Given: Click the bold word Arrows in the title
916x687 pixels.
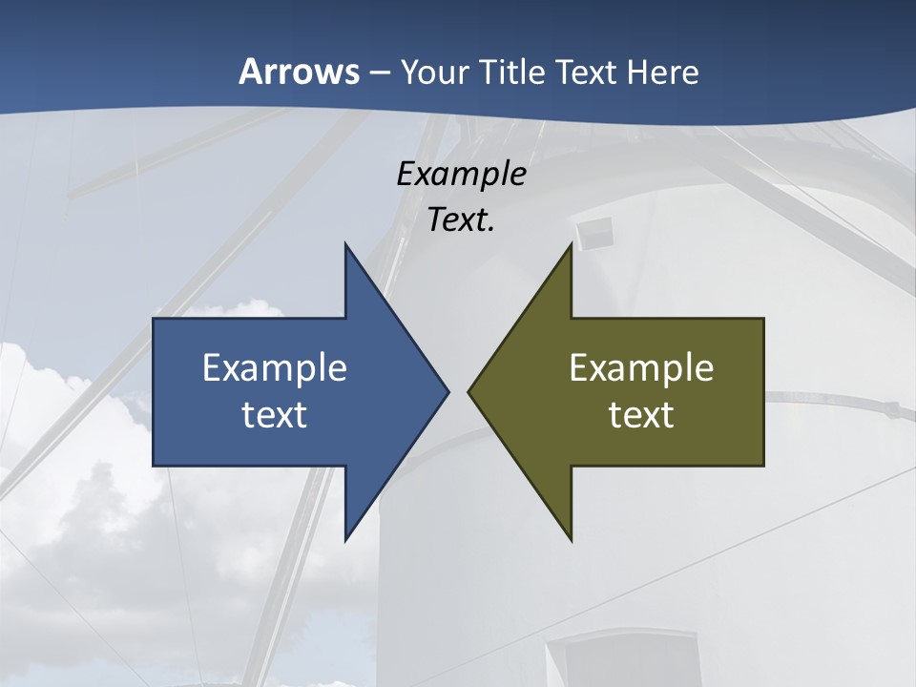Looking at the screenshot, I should click(x=299, y=73).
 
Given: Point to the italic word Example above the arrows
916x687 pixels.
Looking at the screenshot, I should click(x=461, y=175).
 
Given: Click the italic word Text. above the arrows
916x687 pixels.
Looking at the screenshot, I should click(x=461, y=220).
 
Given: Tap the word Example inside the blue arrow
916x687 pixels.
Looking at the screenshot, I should click(x=275, y=367).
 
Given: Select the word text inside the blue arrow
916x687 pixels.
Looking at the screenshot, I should click(x=275, y=414).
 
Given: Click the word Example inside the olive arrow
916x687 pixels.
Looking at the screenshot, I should click(x=641, y=367).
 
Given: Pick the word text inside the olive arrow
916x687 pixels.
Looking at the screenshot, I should click(x=641, y=414).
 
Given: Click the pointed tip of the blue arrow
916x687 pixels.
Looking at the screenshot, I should click(x=448, y=391).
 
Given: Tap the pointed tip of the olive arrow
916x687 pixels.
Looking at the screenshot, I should click(x=468, y=391).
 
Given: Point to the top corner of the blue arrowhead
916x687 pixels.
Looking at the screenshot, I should click(x=345, y=244).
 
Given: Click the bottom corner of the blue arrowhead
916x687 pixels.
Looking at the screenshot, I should click(x=345, y=540).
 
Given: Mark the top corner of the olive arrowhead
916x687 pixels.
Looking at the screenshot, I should click(x=571, y=244).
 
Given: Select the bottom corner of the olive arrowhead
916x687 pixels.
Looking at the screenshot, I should click(x=571, y=540).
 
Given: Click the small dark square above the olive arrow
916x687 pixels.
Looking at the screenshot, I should click(x=594, y=232).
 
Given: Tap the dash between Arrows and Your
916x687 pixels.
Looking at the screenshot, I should click(x=379, y=73).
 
